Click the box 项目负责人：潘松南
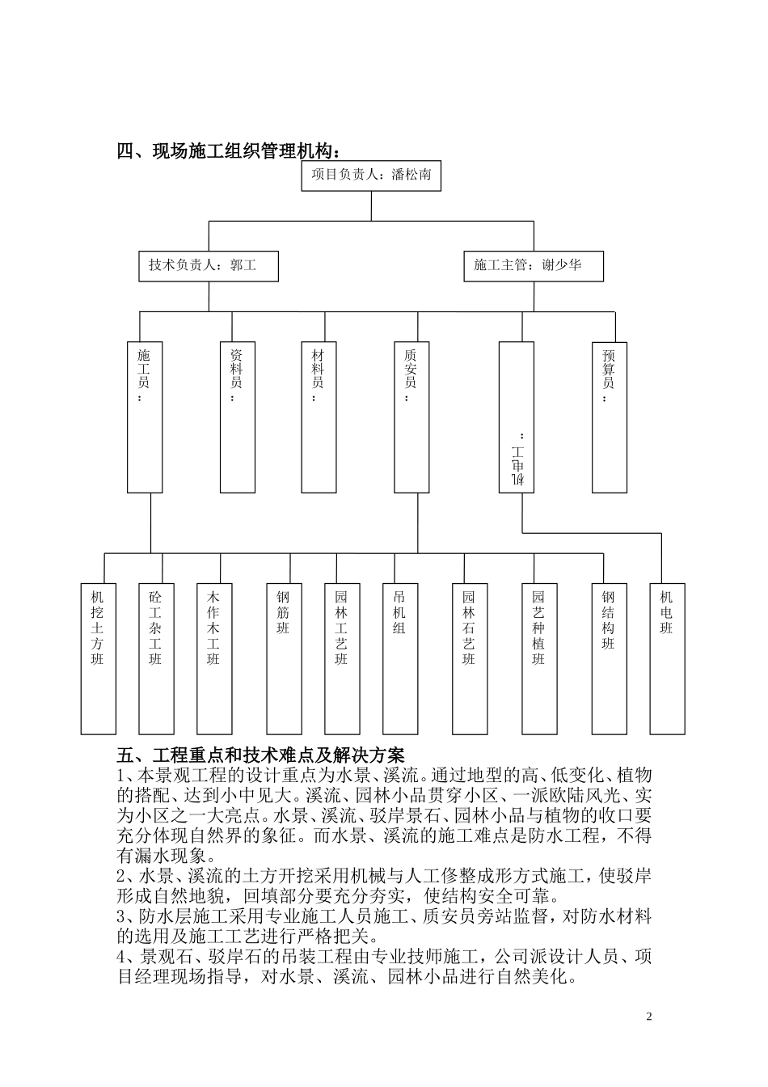coord(371,176)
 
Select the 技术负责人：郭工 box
coord(209,265)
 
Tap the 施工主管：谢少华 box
coord(533,265)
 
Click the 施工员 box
coord(145,417)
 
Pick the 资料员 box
coord(237,417)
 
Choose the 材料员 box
coord(319,417)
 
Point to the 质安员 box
coord(411,417)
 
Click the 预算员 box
coord(609,417)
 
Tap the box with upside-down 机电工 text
coord(517,417)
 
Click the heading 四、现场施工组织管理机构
coord(229,152)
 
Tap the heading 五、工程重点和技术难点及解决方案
coord(260,755)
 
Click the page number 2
coord(648,1017)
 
